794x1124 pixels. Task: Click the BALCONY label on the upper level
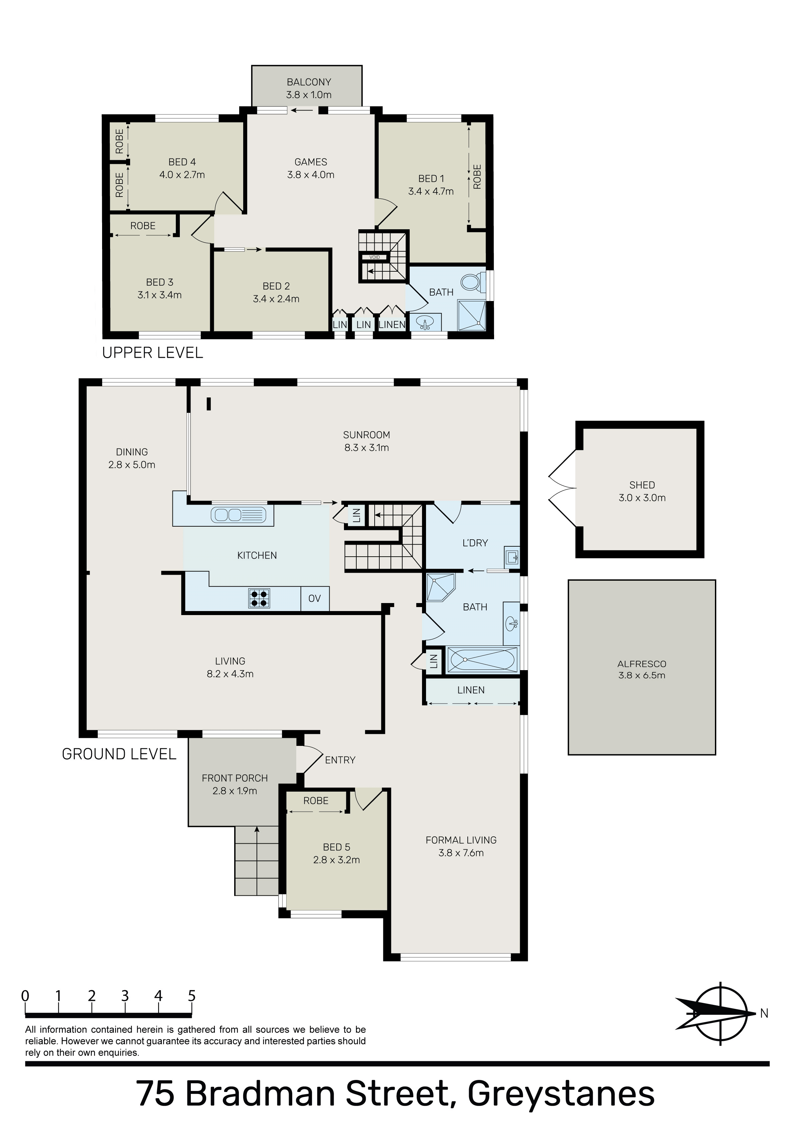click(x=309, y=82)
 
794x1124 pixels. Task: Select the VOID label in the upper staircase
click(x=375, y=257)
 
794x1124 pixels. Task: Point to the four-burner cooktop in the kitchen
click(x=260, y=598)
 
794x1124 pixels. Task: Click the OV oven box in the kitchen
click(x=315, y=598)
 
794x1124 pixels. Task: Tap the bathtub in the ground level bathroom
click(x=482, y=659)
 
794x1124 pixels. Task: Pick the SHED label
click(x=642, y=485)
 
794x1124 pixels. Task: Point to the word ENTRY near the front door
click(x=340, y=760)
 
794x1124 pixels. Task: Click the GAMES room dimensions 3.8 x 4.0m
click(x=311, y=175)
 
